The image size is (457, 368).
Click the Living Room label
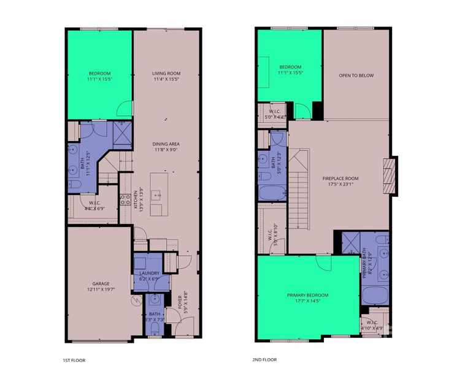pos(166,73)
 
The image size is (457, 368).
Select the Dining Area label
pos(166,144)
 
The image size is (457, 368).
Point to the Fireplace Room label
pos(340,178)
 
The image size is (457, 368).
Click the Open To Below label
pos(356,75)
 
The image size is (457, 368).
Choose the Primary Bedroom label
pos(308,294)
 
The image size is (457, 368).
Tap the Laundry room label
pos(150,273)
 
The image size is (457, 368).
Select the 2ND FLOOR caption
pos(265,359)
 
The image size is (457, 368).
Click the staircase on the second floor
pos(299,190)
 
